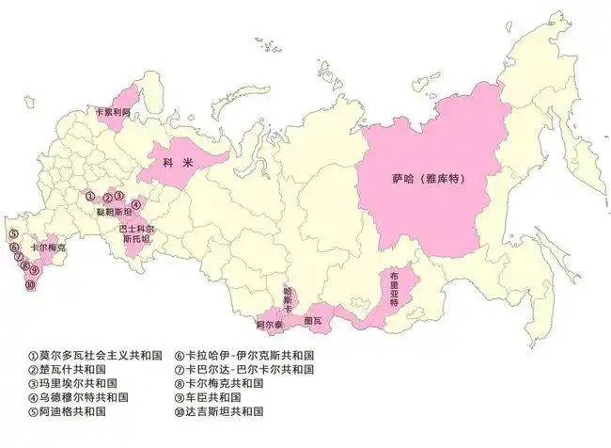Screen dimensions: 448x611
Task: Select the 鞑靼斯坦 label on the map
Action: pyautogui.click(x=111, y=214)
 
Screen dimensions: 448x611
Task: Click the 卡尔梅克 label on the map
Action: pyautogui.click(x=48, y=247)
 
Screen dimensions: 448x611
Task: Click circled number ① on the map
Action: pyautogui.click(x=90, y=197)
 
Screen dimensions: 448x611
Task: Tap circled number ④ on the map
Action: pyautogui.click(x=135, y=204)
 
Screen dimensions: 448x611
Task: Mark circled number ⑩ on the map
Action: pyautogui.click(x=30, y=285)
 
